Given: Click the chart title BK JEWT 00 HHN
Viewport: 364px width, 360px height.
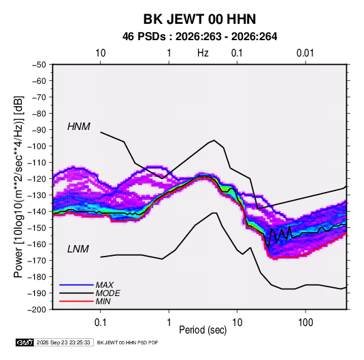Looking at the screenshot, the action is coord(199,19).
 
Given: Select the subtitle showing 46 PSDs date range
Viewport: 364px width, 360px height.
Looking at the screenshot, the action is coord(199,37).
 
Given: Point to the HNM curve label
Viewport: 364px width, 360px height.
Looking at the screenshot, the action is coord(79,127).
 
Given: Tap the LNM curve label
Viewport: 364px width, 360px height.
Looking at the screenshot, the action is coord(78,249).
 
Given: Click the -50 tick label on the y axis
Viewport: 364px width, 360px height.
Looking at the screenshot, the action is coord(39,65).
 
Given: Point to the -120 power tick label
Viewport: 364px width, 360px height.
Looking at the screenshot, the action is coord(37,179).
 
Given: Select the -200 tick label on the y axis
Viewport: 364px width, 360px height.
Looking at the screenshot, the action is coord(37,310).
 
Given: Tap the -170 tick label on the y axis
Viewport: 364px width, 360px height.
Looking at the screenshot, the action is coord(37,261).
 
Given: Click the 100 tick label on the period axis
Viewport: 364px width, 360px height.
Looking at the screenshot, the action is coord(305,323).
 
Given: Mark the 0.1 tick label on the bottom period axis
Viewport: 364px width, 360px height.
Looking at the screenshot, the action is coord(100,323).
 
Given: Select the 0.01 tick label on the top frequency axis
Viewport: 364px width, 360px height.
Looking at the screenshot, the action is coord(305,53).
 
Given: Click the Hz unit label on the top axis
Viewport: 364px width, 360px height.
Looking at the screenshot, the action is coord(203,53).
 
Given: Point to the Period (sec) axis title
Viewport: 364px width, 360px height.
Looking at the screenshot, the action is coord(203,330).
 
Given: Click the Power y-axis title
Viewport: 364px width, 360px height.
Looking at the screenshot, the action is coord(18,187).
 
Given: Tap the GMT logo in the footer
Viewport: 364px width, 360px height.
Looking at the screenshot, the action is coord(24,342).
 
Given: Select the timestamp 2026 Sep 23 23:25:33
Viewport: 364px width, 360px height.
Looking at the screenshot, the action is coord(63,342).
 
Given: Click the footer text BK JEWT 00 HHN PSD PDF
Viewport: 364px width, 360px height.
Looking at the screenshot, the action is coord(127,342).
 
